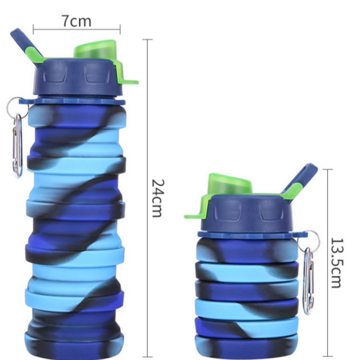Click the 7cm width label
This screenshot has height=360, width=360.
click(x=77, y=21)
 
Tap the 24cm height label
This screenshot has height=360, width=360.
click(x=157, y=198)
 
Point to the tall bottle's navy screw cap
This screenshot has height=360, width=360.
click(x=78, y=77)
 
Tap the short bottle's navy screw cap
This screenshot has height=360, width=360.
click(x=247, y=213)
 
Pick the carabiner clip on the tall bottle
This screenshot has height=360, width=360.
click(x=18, y=146)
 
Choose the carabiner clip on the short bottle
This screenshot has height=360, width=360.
click(x=309, y=281)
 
